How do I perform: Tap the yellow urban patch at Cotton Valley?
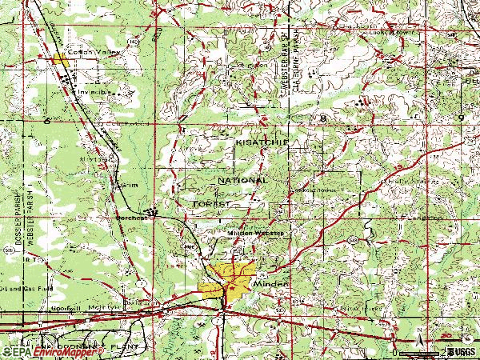coord(60,59)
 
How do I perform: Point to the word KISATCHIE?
coord(261,142)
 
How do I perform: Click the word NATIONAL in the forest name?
coord(242,181)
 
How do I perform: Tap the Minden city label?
coord(269,284)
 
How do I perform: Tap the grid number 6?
coord(47,119)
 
